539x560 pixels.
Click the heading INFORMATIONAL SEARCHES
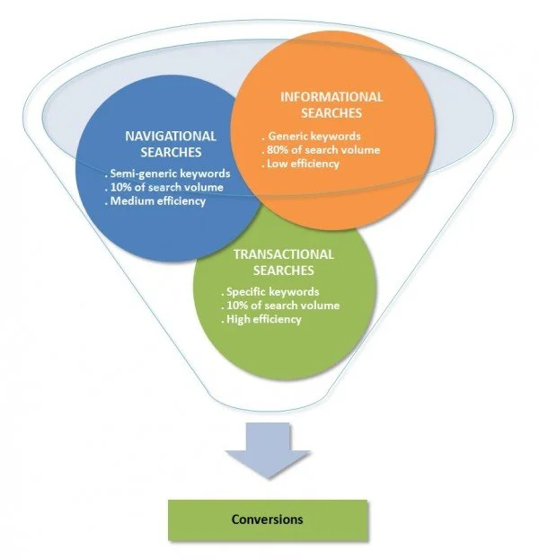click(x=332, y=104)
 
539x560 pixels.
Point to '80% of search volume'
click(x=323, y=150)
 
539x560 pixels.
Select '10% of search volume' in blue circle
click(x=164, y=188)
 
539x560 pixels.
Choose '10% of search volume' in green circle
click(x=279, y=307)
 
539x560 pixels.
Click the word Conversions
click(x=267, y=519)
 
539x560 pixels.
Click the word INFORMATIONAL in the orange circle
click(x=332, y=97)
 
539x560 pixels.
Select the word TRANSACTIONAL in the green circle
click(x=283, y=254)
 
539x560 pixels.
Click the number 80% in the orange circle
click(x=278, y=150)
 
